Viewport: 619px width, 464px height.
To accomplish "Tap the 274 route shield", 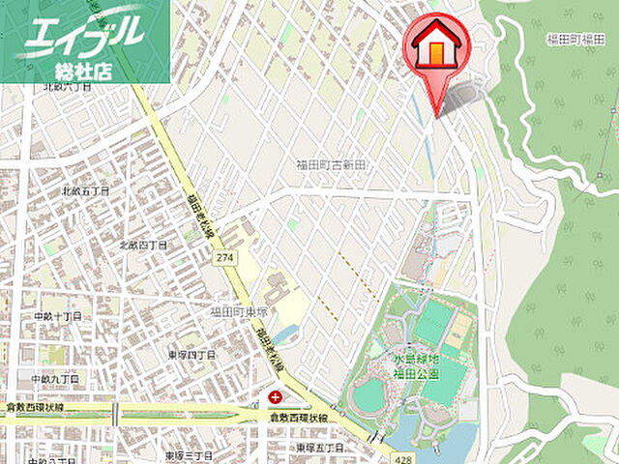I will click(225, 257).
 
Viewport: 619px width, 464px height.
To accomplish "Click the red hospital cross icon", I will click(277, 396).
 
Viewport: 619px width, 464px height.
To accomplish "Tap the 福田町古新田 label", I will click(332, 165).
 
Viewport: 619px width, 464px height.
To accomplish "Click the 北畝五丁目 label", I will click(86, 191).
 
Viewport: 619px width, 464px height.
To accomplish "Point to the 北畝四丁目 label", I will click(142, 246).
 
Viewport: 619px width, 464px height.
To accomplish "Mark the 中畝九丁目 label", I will click(56, 379).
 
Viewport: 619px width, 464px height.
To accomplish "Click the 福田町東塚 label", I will click(236, 310).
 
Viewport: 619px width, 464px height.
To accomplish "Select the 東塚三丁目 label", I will click(188, 454).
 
